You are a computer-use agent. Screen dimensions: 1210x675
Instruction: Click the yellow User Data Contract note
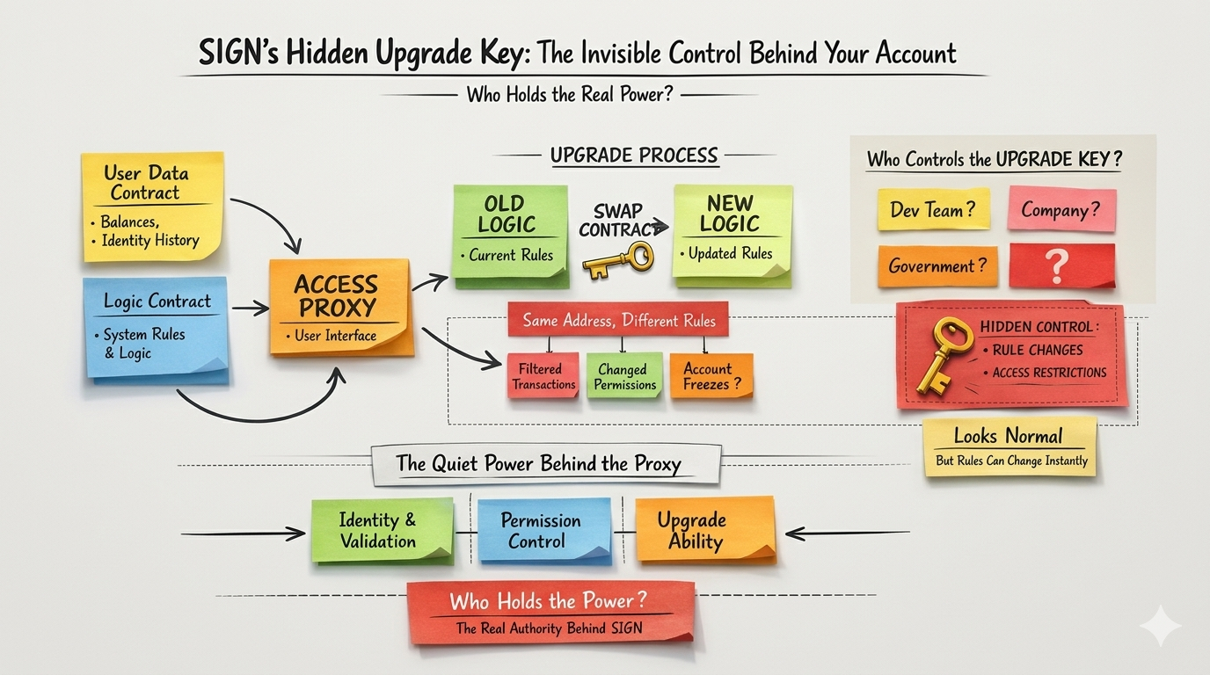point(152,207)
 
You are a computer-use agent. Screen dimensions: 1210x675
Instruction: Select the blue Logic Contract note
point(157,328)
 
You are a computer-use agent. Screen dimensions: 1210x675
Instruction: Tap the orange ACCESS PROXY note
point(339,308)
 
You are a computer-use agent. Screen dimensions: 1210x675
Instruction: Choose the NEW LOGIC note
point(732,234)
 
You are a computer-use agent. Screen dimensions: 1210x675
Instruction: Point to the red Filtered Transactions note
point(544,376)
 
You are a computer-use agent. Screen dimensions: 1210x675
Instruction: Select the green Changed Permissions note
point(624,376)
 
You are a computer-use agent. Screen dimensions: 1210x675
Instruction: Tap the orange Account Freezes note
point(711,376)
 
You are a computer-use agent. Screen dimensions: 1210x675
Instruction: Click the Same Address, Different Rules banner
point(618,321)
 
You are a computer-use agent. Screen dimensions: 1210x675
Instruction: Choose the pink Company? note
point(1061,209)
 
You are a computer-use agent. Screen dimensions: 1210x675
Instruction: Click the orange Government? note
point(937,265)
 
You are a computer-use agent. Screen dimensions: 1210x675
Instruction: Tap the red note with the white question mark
point(1061,265)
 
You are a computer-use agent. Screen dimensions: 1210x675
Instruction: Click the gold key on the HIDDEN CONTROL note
point(942,353)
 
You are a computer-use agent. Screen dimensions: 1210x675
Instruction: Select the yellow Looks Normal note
point(1010,446)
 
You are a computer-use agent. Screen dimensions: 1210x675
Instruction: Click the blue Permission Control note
point(542,530)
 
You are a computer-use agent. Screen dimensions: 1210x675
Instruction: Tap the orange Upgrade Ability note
point(704,529)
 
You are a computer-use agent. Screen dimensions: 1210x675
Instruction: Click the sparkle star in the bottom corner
point(1160,626)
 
